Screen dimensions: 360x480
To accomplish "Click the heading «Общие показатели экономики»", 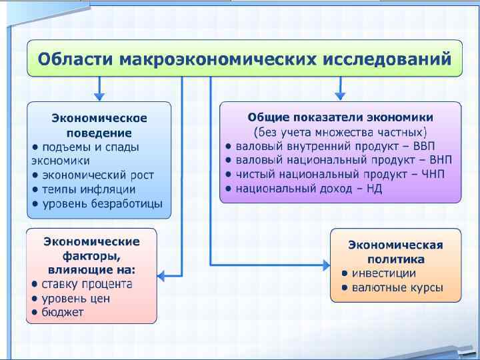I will (340, 117).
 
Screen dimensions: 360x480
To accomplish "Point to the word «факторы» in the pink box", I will (91, 255).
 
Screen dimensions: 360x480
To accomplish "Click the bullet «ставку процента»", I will (87, 284).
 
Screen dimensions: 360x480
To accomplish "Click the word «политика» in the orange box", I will (395, 259).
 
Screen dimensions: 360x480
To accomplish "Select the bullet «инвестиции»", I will (383, 273).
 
